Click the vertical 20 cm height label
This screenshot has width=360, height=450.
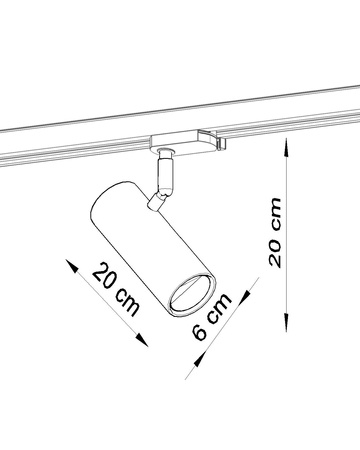(274, 231)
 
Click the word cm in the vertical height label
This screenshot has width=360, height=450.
(274, 214)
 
